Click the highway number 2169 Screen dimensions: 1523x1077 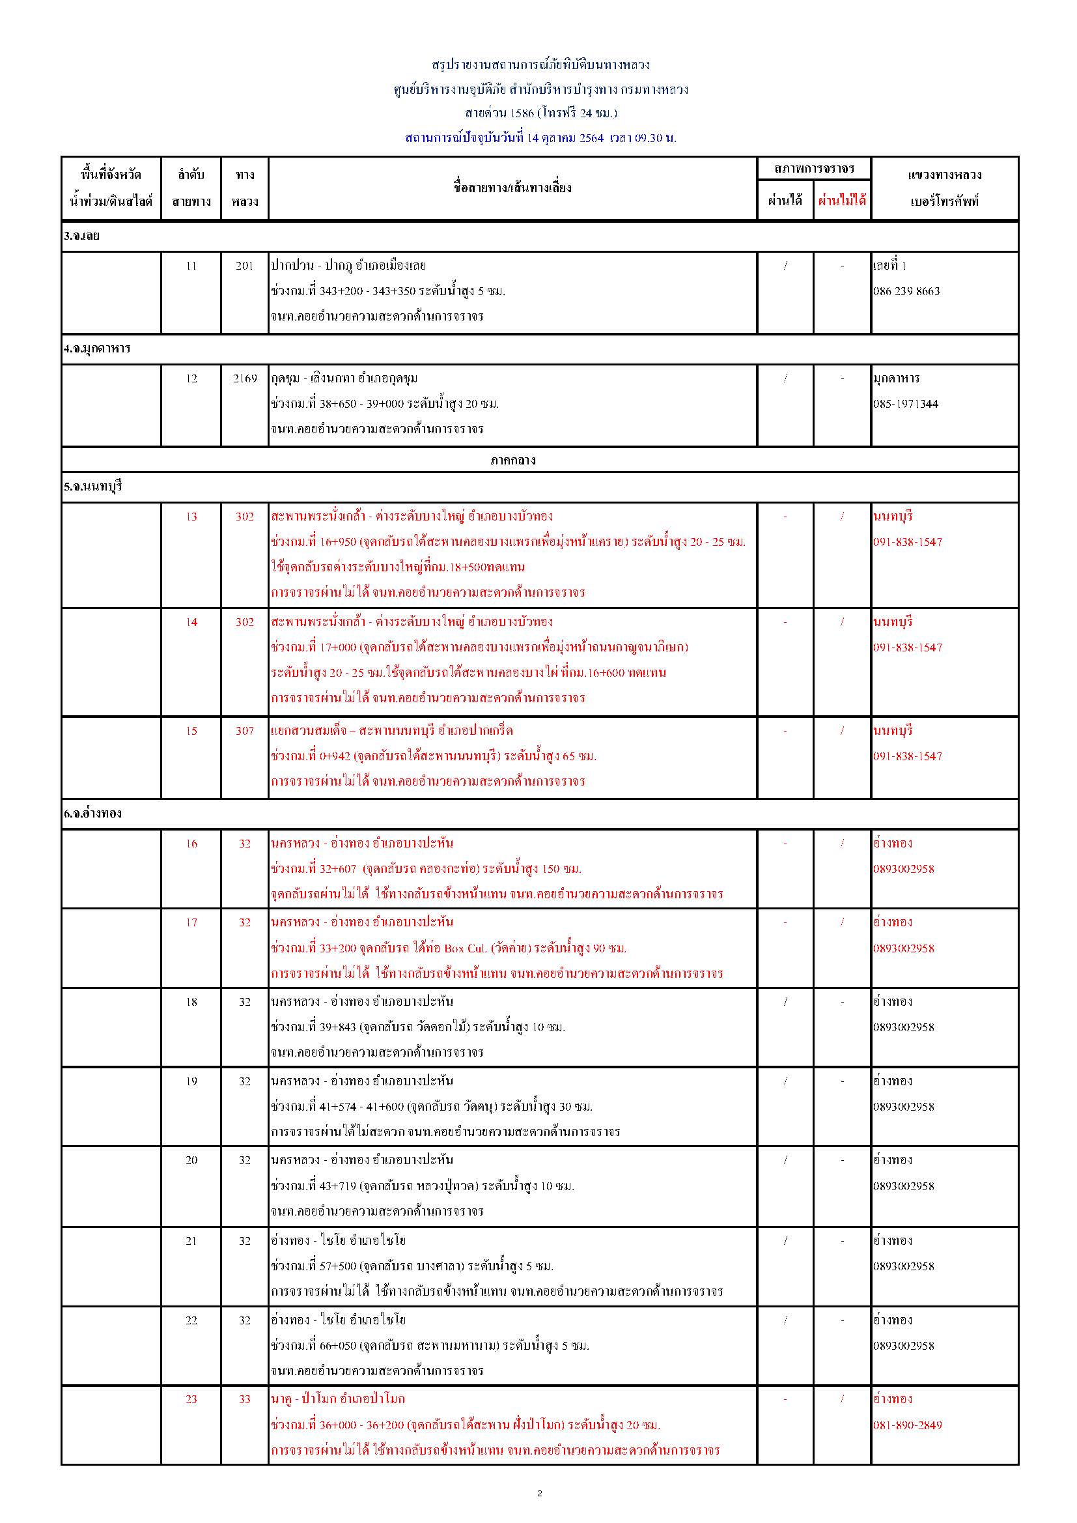(x=245, y=378)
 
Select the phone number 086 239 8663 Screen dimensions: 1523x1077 (x=906, y=291)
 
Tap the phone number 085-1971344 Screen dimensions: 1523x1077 (x=905, y=404)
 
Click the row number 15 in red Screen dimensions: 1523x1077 (x=191, y=730)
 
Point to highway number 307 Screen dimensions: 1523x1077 (x=245, y=730)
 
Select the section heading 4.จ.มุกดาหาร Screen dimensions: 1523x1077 (x=97, y=349)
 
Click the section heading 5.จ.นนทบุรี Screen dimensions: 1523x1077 (x=93, y=487)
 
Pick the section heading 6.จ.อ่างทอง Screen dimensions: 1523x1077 (x=93, y=813)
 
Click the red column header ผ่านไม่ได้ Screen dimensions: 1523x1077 (x=841, y=201)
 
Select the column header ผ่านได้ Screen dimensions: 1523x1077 (x=785, y=201)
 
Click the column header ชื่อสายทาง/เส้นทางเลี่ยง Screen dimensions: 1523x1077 (x=512, y=188)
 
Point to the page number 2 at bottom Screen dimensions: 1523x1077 (x=539, y=1493)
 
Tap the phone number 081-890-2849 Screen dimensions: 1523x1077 (x=907, y=1425)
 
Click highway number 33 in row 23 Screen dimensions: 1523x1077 (x=245, y=1399)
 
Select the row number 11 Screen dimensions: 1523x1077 (x=191, y=266)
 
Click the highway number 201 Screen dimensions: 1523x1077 (x=245, y=266)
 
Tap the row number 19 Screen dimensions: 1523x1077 (x=191, y=1081)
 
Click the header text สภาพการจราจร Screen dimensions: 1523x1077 (x=814, y=169)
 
